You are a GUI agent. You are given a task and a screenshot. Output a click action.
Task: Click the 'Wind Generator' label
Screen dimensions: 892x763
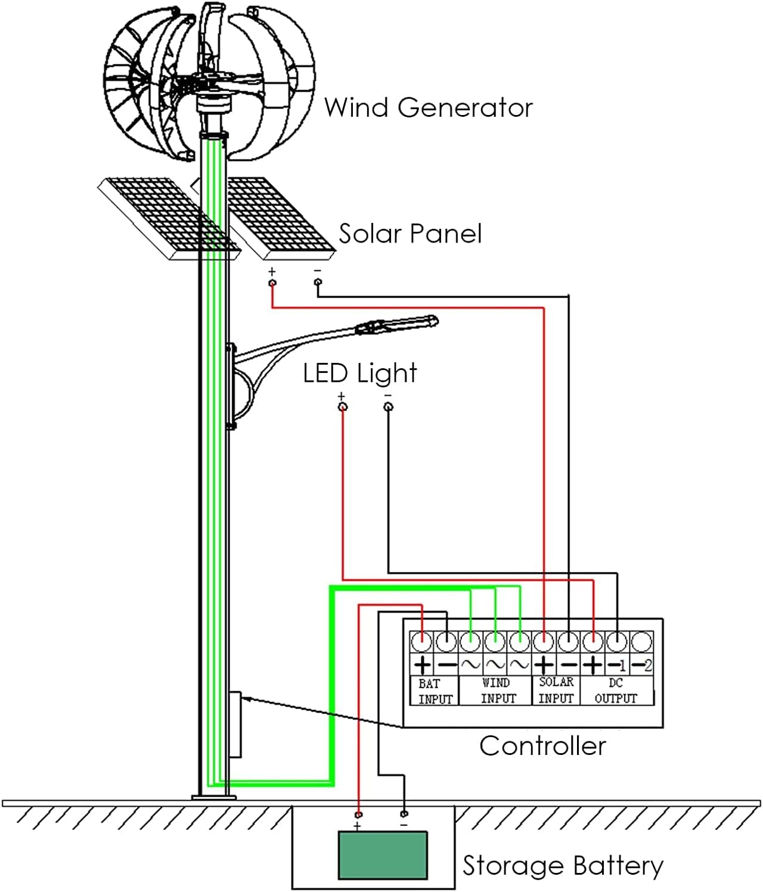click(x=428, y=108)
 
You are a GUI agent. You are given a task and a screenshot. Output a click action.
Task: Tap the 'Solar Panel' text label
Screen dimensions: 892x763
click(x=410, y=234)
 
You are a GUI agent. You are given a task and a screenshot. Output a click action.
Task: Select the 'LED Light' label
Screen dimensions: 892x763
click(x=359, y=374)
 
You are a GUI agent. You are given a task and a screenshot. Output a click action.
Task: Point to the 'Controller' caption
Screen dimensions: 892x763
click(x=542, y=746)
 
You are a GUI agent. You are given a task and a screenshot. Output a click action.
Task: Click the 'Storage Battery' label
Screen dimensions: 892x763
click(x=563, y=866)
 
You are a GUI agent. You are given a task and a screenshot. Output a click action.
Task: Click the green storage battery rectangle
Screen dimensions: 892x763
click(x=383, y=855)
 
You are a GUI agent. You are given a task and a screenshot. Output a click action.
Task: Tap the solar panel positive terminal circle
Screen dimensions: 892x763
click(x=272, y=282)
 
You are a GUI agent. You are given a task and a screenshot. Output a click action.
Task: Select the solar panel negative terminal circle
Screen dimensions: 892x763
click(x=318, y=282)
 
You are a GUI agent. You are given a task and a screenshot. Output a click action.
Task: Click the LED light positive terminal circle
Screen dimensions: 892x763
click(x=342, y=407)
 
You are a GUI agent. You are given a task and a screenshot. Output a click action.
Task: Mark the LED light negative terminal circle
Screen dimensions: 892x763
click(x=388, y=407)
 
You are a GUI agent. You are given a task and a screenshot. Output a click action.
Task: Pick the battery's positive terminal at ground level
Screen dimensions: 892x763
click(x=358, y=815)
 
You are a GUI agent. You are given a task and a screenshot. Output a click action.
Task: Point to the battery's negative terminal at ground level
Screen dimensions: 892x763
click(x=404, y=813)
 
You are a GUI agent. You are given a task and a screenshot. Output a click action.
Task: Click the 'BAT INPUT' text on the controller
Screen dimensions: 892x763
click(x=435, y=691)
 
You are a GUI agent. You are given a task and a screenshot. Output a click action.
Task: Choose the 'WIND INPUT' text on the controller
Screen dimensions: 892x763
click(x=496, y=691)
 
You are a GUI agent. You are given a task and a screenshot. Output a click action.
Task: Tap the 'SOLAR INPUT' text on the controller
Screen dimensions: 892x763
click(x=556, y=690)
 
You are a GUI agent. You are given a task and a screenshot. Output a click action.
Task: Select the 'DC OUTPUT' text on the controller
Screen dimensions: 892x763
click(x=616, y=691)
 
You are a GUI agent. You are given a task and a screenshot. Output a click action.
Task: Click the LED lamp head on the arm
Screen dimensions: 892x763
click(x=396, y=325)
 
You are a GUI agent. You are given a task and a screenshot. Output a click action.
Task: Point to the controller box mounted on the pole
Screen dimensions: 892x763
click(x=235, y=724)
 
